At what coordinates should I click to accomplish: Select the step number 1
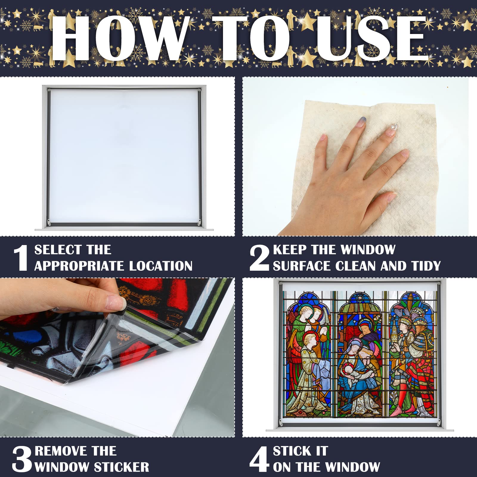(21, 258)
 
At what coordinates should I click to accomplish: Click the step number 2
(259, 258)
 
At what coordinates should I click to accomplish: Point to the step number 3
(22, 459)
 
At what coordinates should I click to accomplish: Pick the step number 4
(259, 459)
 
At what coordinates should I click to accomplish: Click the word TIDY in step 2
(425, 266)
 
